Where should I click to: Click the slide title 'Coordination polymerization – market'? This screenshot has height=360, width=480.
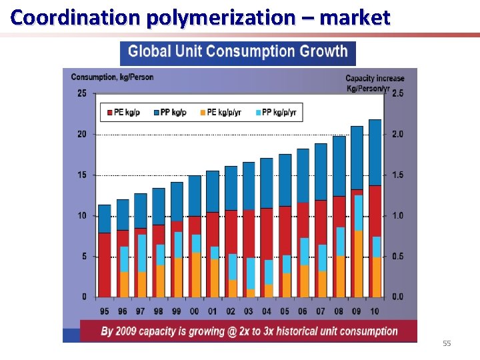(200, 17)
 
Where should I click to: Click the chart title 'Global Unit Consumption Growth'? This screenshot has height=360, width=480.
(238, 52)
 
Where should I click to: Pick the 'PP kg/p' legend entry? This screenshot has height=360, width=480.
(170, 113)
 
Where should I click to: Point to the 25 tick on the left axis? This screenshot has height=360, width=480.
(81, 93)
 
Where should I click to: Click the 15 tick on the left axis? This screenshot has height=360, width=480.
(81, 175)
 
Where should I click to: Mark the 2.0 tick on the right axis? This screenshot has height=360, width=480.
(397, 134)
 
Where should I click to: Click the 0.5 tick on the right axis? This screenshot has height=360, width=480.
(397, 256)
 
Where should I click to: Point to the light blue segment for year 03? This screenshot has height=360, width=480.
(251, 273)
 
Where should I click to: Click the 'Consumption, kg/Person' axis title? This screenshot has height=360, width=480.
(112, 77)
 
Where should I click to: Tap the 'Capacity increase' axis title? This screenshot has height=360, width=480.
(375, 78)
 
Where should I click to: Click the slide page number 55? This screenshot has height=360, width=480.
(447, 343)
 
